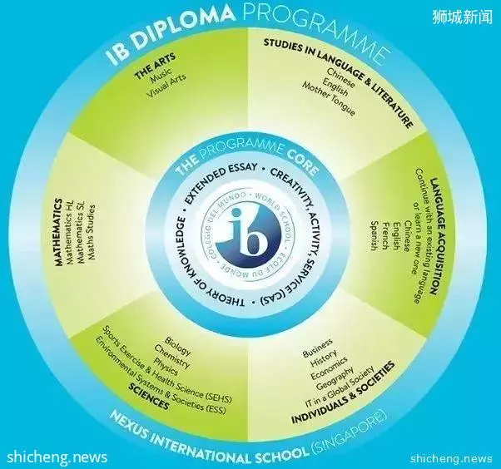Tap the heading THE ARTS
tap(155, 66)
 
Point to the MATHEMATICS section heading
tap(57, 233)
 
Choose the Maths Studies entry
tap(92, 232)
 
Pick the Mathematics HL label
tap(70, 232)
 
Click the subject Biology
tap(177, 346)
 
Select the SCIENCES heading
tap(148, 397)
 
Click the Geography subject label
tap(335, 378)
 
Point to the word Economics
tap(329, 368)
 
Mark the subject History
tap(324, 358)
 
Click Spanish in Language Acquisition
tap(375, 236)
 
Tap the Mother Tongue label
tap(329, 99)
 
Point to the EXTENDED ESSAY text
tap(221, 180)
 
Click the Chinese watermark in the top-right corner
tap(463, 17)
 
